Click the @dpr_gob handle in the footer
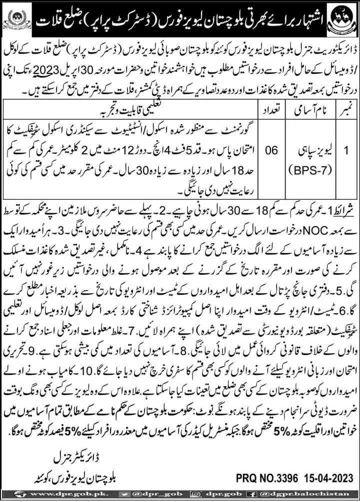150,494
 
